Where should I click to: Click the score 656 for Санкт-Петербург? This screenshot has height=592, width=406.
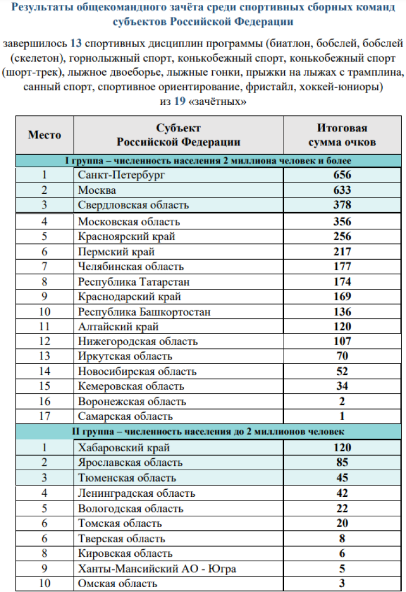342,175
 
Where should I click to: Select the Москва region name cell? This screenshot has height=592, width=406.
97,190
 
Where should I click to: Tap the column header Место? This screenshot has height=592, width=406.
44,135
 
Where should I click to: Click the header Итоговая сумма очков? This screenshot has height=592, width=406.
342,135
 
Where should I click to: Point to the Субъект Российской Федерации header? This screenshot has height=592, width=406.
178,135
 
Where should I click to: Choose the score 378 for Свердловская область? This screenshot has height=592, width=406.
342,205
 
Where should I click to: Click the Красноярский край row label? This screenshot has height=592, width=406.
127,236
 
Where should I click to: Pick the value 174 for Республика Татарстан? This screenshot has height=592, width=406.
342,282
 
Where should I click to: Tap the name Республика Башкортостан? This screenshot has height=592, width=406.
144,312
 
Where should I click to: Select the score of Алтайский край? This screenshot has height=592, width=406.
342,327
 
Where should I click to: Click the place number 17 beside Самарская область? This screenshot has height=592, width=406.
44,416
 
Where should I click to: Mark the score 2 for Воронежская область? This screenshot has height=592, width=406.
342,402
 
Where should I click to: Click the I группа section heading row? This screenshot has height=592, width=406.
208,161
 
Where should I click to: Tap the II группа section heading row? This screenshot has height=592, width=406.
208,431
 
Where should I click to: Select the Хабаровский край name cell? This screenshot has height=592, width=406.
124,448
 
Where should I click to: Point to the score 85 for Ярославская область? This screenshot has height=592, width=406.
342,463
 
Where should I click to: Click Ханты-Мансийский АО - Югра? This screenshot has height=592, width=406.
157,569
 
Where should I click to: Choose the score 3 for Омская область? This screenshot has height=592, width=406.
342,583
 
